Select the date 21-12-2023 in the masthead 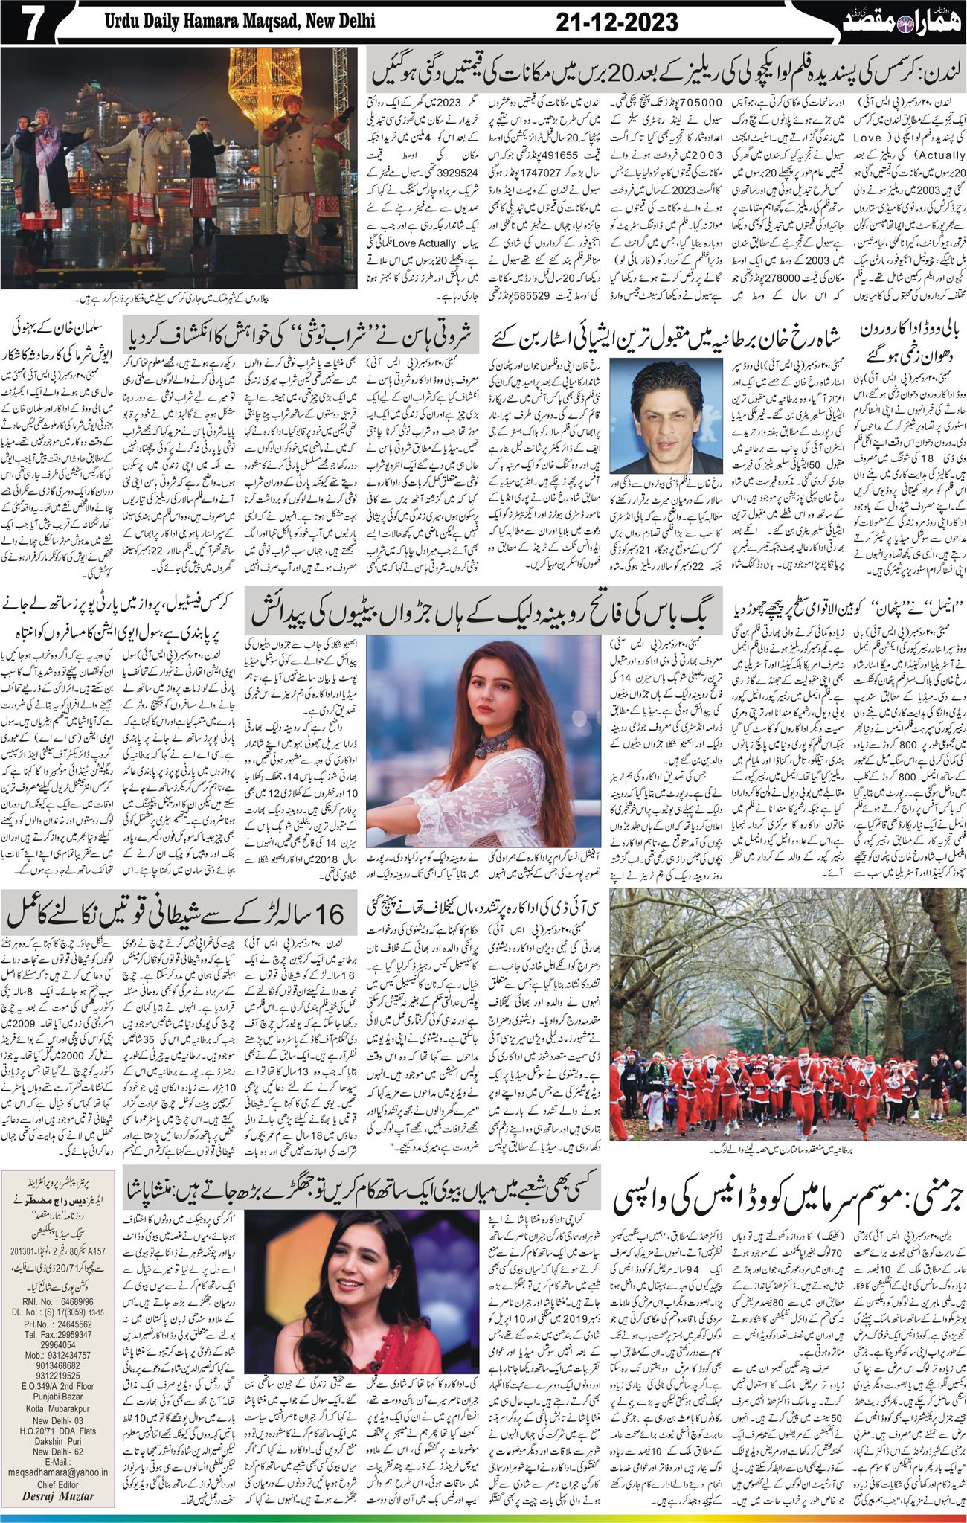pyautogui.click(x=617, y=23)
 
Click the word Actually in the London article pyautogui.click(x=940, y=155)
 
